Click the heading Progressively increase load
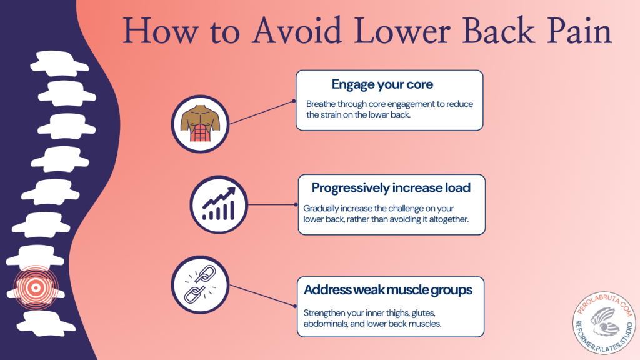point(391,187)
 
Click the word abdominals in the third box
point(327,324)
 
